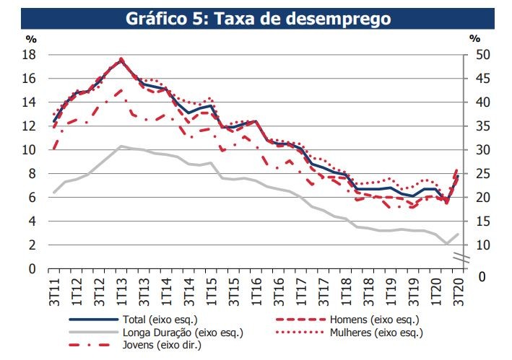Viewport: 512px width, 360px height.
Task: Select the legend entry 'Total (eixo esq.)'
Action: click(x=155, y=319)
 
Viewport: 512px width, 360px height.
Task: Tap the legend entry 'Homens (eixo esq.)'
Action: click(x=373, y=319)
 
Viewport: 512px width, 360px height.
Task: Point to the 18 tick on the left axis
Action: click(x=30, y=55)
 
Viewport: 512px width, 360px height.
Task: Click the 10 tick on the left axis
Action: click(x=30, y=150)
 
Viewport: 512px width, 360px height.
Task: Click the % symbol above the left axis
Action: click(x=31, y=38)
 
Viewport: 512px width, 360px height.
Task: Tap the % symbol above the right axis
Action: click(x=474, y=38)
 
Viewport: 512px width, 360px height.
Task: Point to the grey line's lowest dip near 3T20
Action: click(x=447, y=244)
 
